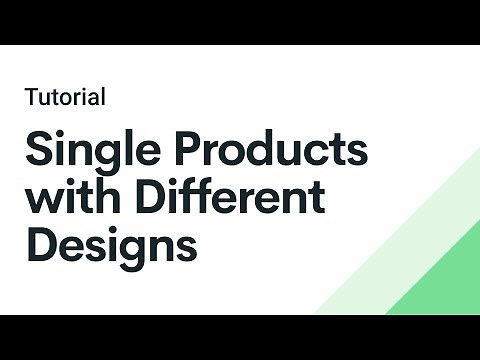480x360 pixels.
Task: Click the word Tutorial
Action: click(66, 97)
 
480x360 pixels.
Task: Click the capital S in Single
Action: click(40, 150)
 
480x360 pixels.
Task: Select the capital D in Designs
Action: click(42, 243)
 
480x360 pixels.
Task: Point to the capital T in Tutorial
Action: click(33, 97)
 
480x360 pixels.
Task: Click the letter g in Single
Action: click(103, 158)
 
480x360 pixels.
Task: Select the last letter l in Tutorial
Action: click(104, 97)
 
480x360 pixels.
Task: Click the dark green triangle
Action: click(445, 280)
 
